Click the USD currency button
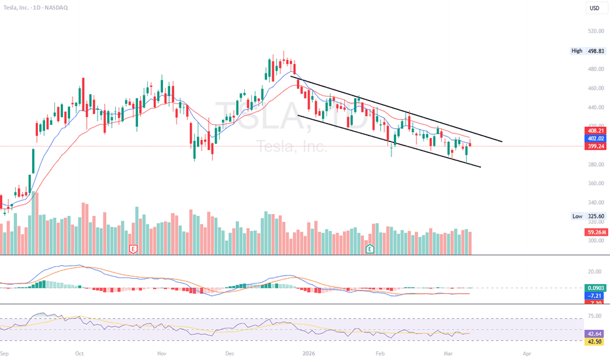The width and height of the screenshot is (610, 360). click(594, 9)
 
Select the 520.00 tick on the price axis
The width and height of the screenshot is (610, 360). click(595, 31)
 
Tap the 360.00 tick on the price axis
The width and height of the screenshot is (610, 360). click(595, 183)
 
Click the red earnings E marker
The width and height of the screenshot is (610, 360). click(133, 249)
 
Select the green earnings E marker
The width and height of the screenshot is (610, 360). click(370, 249)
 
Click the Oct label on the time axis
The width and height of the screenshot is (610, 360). click(79, 352)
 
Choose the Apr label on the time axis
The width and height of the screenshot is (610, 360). click(527, 352)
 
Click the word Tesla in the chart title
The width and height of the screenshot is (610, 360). click(14, 9)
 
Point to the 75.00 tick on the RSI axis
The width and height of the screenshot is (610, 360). click(595, 316)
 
